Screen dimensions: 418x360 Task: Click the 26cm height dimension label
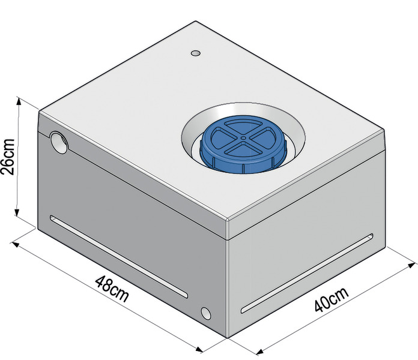[x=7, y=157]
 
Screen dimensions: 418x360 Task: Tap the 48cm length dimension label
[x=112, y=289]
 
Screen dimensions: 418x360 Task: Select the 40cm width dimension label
[x=332, y=299]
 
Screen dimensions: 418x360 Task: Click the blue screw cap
[x=244, y=144]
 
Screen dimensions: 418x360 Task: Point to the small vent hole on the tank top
[x=196, y=53]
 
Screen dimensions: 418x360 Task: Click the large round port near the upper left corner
[x=59, y=142]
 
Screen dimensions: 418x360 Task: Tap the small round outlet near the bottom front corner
[x=206, y=313]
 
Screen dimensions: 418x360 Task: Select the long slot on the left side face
[x=119, y=256]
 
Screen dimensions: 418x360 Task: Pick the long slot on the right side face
[x=307, y=273]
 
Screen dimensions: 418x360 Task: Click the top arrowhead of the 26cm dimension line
[x=19, y=101]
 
